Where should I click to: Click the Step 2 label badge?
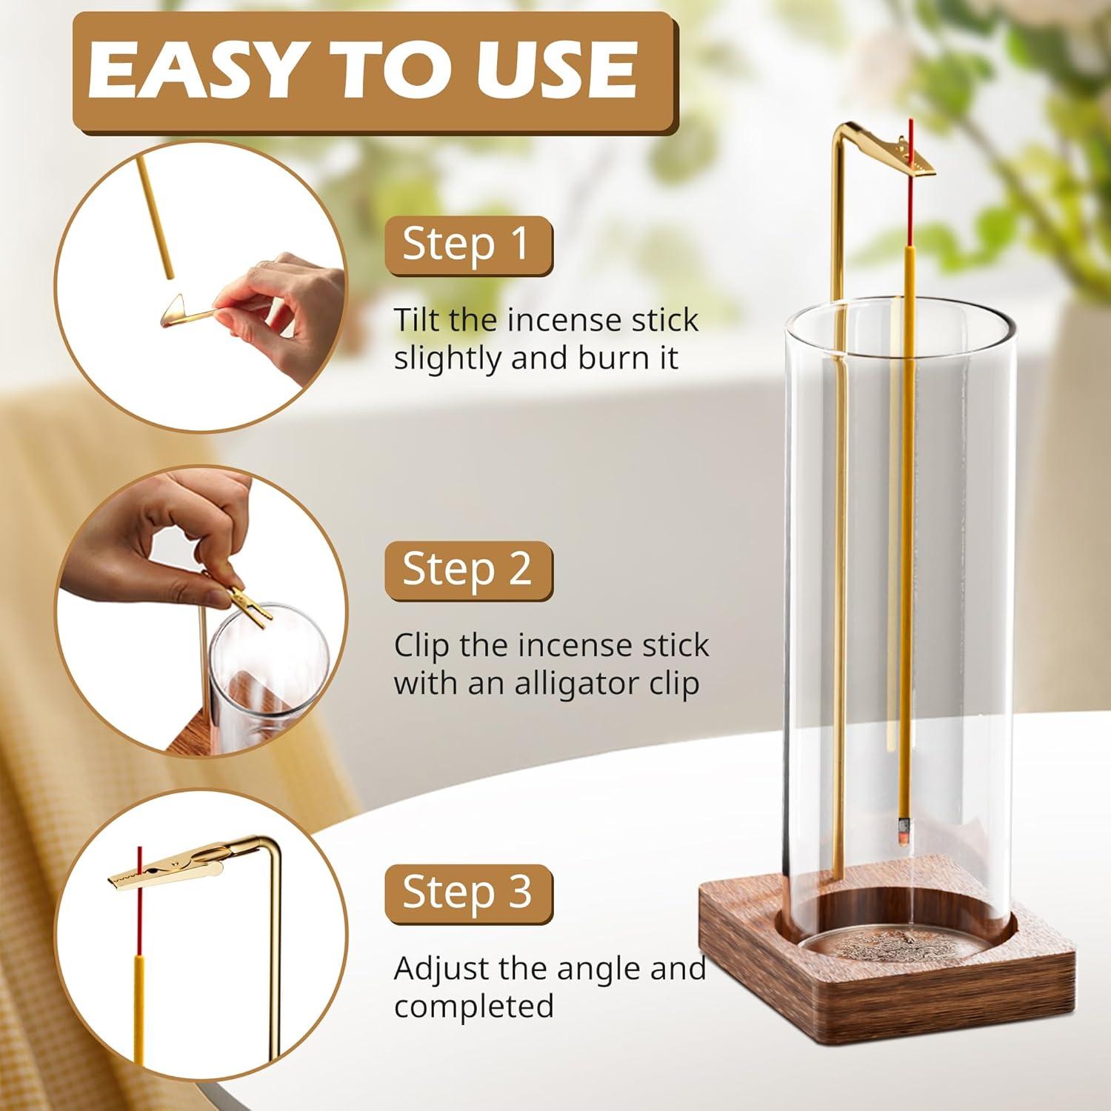[x=468, y=570]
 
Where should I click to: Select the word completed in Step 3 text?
[x=474, y=1007]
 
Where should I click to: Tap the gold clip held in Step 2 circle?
[x=244, y=604]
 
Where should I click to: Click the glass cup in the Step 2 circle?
[x=267, y=667]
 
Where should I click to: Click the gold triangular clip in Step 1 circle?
[x=178, y=311]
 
